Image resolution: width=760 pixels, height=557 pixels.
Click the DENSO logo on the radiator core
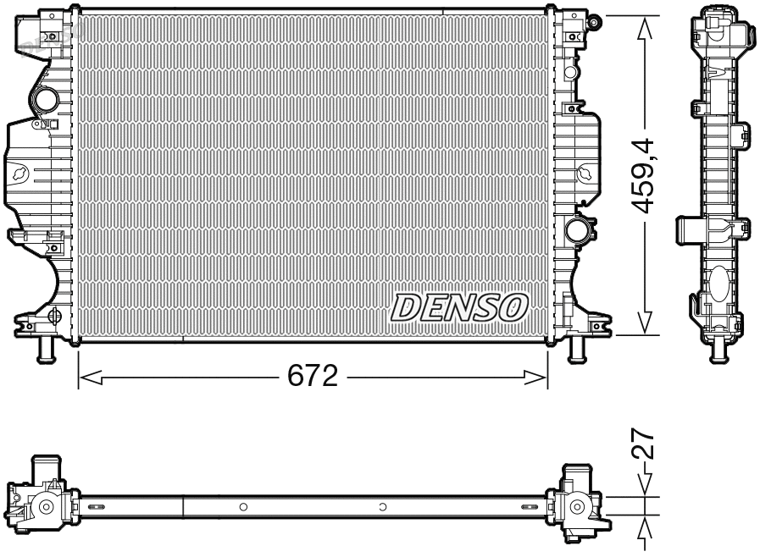pos(458,308)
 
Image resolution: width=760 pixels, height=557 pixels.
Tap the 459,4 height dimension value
pos(646,175)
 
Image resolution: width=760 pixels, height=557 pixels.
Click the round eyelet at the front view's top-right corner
pos(595,19)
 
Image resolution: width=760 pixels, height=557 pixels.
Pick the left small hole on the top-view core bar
pos(242,507)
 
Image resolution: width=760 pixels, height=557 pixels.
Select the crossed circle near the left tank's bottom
pos(55,317)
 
